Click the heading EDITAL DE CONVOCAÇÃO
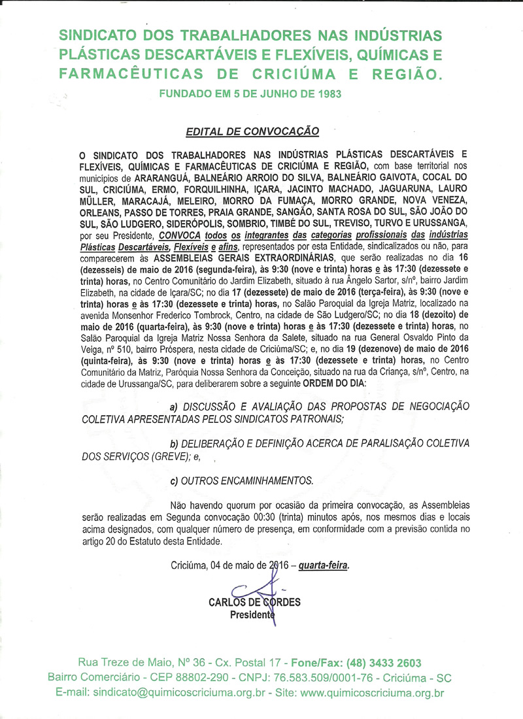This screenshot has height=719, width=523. (252, 131)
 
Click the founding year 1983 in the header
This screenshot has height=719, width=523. (326, 93)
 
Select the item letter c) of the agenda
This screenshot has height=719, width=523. (175, 480)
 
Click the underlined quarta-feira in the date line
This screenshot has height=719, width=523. (324, 565)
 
